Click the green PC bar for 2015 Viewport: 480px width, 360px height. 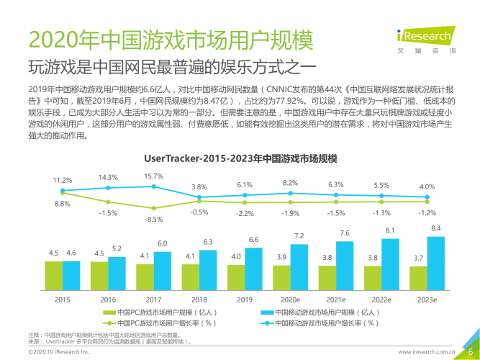coord(54,274)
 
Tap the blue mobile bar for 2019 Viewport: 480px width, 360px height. coord(254,268)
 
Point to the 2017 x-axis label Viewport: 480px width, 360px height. coord(153,298)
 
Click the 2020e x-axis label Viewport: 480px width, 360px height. coord(289,298)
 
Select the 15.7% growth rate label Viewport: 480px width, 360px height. coord(153,176)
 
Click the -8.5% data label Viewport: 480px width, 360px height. coord(153,219)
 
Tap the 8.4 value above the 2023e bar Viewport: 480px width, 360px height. coord(436,228)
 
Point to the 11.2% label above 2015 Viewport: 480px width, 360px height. coord(63,179)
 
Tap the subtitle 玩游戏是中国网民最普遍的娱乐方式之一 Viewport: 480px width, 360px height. coord(172,68)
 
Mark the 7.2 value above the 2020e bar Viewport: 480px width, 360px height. coord(299,236)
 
